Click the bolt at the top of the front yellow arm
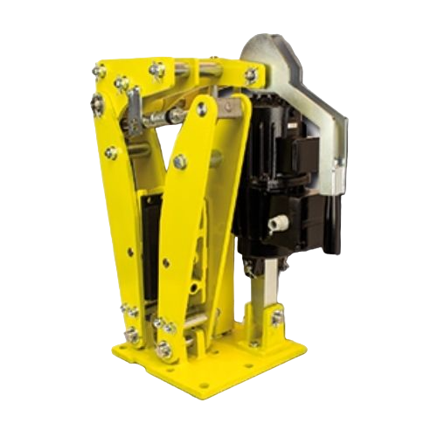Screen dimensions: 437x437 pos(203,108)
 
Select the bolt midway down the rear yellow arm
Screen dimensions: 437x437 pos(111,154)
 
